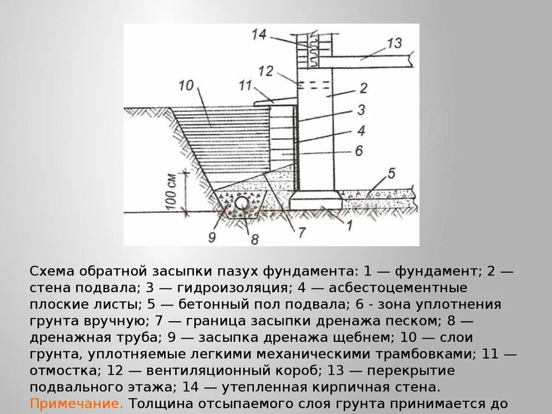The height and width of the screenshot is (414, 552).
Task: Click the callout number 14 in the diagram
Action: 259,35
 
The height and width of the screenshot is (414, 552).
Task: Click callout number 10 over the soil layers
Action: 186,85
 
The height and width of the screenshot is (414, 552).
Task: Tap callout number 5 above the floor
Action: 391,174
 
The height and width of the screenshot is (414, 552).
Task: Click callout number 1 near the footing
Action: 349,226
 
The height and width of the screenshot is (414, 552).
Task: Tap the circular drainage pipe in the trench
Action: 241,202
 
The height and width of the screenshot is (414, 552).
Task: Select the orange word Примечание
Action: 77,403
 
